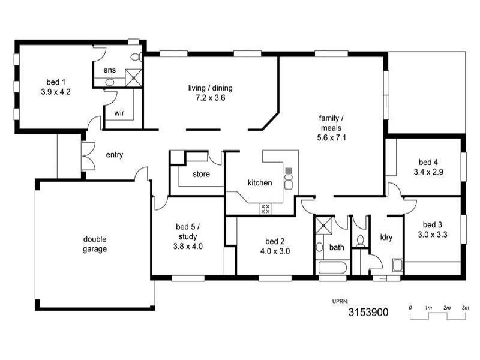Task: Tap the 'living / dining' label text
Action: coord(210,88)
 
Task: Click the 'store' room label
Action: coord(201,175)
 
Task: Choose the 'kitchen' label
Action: coord(260,182)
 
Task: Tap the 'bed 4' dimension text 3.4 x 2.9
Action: coord(428,172)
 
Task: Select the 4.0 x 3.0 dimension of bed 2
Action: coord(275,251)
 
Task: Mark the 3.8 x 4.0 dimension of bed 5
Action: coord(188,246)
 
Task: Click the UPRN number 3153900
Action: coord(368,313)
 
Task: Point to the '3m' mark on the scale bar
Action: coord(466,308)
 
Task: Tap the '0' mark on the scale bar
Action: coord(410,308)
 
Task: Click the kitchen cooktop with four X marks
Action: coord(265,209)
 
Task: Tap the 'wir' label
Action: coord(119,113)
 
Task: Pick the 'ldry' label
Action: coord(386,237)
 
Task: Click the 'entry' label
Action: coord(115,155)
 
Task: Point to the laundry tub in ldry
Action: coord(397,265)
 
